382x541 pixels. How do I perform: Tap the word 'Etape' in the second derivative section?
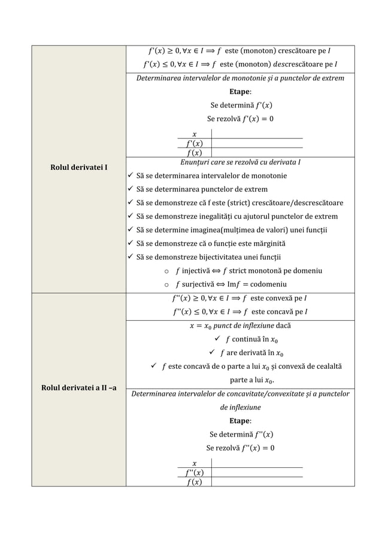[x=240, y=420]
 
